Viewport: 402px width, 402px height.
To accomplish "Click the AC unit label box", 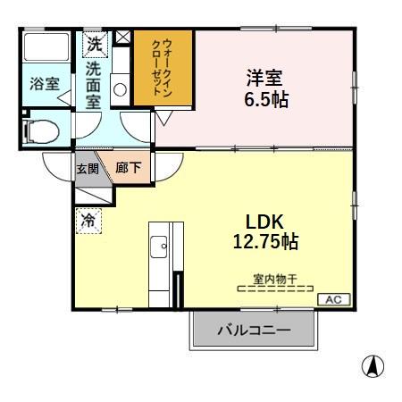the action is click(334, 299).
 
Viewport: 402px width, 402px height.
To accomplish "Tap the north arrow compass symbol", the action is click(373, 366).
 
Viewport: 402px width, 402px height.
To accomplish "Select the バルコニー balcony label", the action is click(254, 330).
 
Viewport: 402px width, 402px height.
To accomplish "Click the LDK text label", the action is click(264, 222).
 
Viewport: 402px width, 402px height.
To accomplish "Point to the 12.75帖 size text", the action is click(265, 241).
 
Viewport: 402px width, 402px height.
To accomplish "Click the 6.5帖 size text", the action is click(266, 99).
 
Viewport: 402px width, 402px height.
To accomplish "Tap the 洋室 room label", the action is click(264, 78).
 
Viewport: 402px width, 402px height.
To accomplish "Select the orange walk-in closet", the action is click(163, 68).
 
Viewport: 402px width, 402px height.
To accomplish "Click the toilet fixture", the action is click(41, 131).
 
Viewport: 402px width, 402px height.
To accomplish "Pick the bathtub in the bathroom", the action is click(46, 47).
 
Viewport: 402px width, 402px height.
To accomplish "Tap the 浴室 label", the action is click(45, 84).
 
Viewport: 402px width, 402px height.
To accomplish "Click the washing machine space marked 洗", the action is click(95, 45).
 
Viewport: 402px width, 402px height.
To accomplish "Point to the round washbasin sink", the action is click(120, 89).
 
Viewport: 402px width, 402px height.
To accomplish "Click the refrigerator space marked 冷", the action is click(88, 221).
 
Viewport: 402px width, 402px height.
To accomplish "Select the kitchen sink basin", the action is click(159, 247).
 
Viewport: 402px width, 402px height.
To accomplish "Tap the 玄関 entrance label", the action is click(88, 169).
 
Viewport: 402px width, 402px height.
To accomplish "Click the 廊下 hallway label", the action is click(129, 168).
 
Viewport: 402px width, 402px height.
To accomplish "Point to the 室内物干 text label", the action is click(275, 280).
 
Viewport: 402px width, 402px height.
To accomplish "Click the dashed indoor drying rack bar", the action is click(275, 289).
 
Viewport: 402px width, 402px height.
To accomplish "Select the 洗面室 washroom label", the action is click(94, 86).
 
